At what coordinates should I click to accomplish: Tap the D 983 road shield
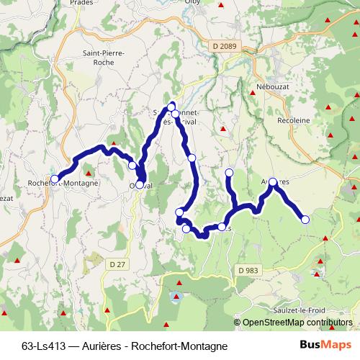[x=247, y=270]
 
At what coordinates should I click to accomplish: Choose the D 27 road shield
[x=117, y=264]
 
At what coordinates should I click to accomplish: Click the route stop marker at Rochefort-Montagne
[x=55, y=179]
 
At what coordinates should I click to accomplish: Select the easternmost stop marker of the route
[x=304, y=220]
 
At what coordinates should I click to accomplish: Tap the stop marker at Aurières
[x=273, y=182]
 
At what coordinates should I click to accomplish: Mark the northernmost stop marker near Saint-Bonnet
[x=171, y=107]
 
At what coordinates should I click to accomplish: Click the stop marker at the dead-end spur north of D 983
[x=229, y=172]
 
